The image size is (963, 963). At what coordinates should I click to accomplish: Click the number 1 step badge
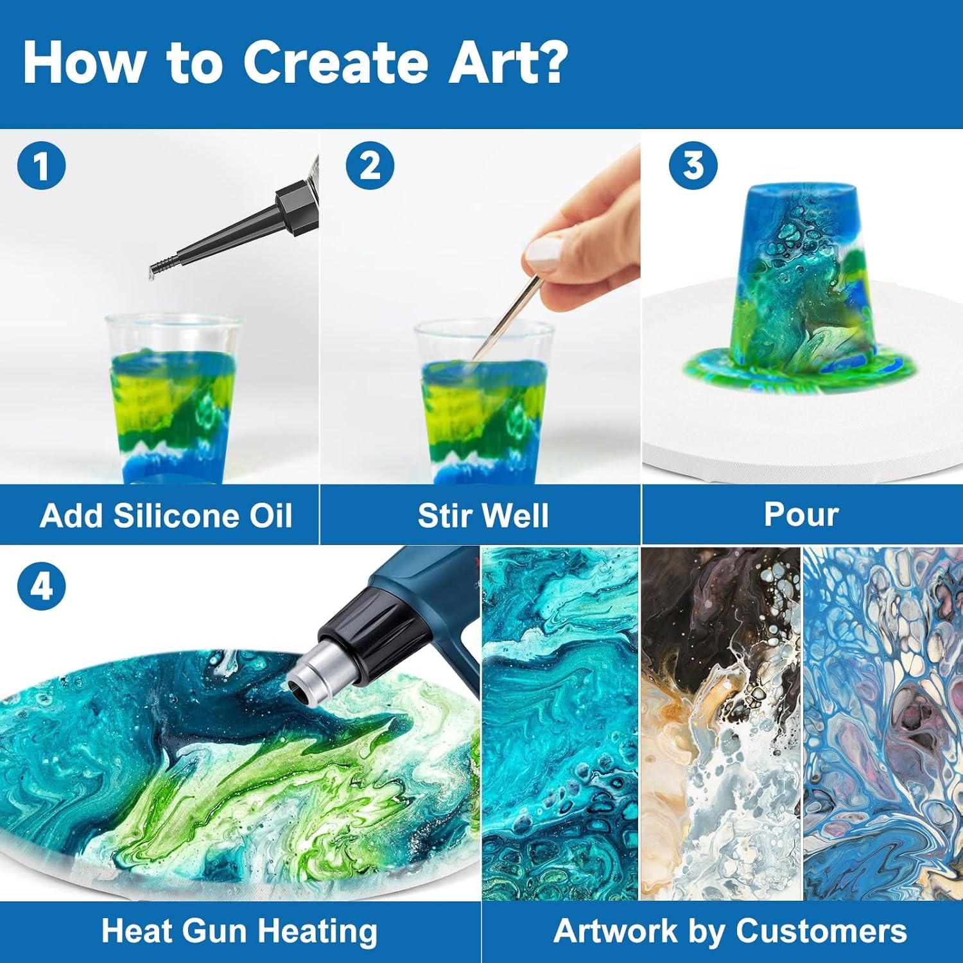click(x=42, y=166)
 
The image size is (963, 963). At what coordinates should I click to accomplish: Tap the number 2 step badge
click(x=370, y=166)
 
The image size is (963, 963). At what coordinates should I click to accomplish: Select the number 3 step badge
click(x=693, y=166)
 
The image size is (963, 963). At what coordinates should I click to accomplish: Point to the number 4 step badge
click(x=42, y=586)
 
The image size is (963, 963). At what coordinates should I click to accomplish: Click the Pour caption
click(x=801, y=514)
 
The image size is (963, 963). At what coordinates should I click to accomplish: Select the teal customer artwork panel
click(x=560, y=724)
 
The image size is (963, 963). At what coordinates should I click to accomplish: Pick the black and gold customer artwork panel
click(x=720, y=724)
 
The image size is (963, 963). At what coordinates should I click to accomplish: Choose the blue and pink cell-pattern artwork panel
click(x=883, y=724)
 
